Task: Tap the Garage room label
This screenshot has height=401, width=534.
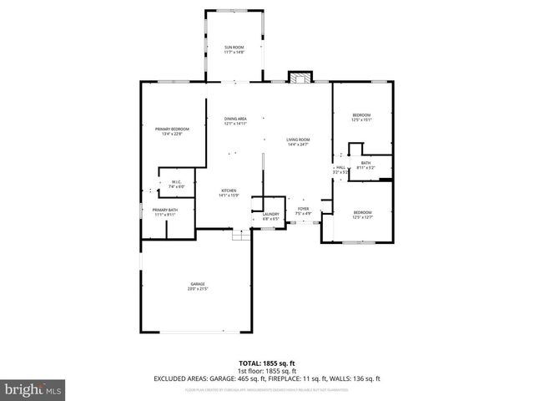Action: pyautogui.click(x=196, y=286)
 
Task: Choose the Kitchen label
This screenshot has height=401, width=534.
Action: pyautogui.click(x=229, y=193)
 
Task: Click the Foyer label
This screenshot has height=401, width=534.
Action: pyautogui.click(x=303, y=211)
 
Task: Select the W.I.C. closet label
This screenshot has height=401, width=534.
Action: pyautogui.click(x=176, y=184)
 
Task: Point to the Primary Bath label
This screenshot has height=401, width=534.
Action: pyautogui.click(x=164, y=211)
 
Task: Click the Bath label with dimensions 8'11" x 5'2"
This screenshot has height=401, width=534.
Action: pyautogui.click(x=366, y=165)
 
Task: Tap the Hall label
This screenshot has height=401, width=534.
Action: pyautogui.click(x=340, y=170)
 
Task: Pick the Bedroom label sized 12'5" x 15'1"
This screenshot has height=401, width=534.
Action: pyautogui.click(x=361, y=117)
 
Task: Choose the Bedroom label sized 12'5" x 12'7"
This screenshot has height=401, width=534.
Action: pyautogui.click(x=361, y=215)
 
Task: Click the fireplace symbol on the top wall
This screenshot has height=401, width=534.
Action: pyautogui.click(x=299, y=78)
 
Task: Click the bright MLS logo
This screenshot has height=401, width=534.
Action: pyautogui.click(x=33, y=388)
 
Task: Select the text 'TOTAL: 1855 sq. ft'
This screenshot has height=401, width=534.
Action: pyautogui.click(x=266, y=363)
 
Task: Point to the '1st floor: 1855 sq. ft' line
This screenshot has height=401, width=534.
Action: pyautogui.click(x=266, y=371)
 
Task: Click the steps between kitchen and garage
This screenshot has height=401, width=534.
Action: pyautogui.click(x=242, y=236)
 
